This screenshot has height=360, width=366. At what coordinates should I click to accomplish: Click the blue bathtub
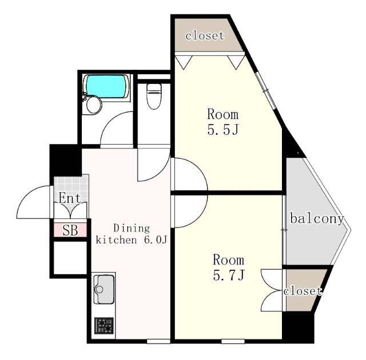click(x=107, y=86)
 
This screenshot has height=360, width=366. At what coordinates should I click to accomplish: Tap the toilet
click(x=154, y=96)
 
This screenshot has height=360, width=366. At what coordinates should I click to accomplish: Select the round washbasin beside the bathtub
click(x=94, y=105)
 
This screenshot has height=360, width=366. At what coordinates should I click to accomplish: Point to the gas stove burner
click(x=104, y=325)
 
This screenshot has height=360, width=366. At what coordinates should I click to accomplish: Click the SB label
click(x=70, y=230)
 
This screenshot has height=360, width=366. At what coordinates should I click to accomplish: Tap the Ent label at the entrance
click(x=70, y=198)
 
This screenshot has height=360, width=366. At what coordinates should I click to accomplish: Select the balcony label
click(x=317, y=219)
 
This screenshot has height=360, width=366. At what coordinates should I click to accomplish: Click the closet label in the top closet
click(x=205, y=35)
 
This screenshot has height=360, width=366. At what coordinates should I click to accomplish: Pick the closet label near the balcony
click(x=303, y=291)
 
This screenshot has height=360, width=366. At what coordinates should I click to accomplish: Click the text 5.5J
click(x=223, y=130)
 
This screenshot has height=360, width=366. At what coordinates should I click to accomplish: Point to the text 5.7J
click(x=228, y=275)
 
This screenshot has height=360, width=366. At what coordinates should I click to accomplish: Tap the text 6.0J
click(x=156, y=240)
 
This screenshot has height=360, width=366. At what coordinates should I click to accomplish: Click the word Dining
click(x=132, y=228)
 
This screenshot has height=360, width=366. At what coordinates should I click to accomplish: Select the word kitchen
click(x=116, y=240)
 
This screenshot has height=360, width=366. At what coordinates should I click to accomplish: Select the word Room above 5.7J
click(x=228, y=260)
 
